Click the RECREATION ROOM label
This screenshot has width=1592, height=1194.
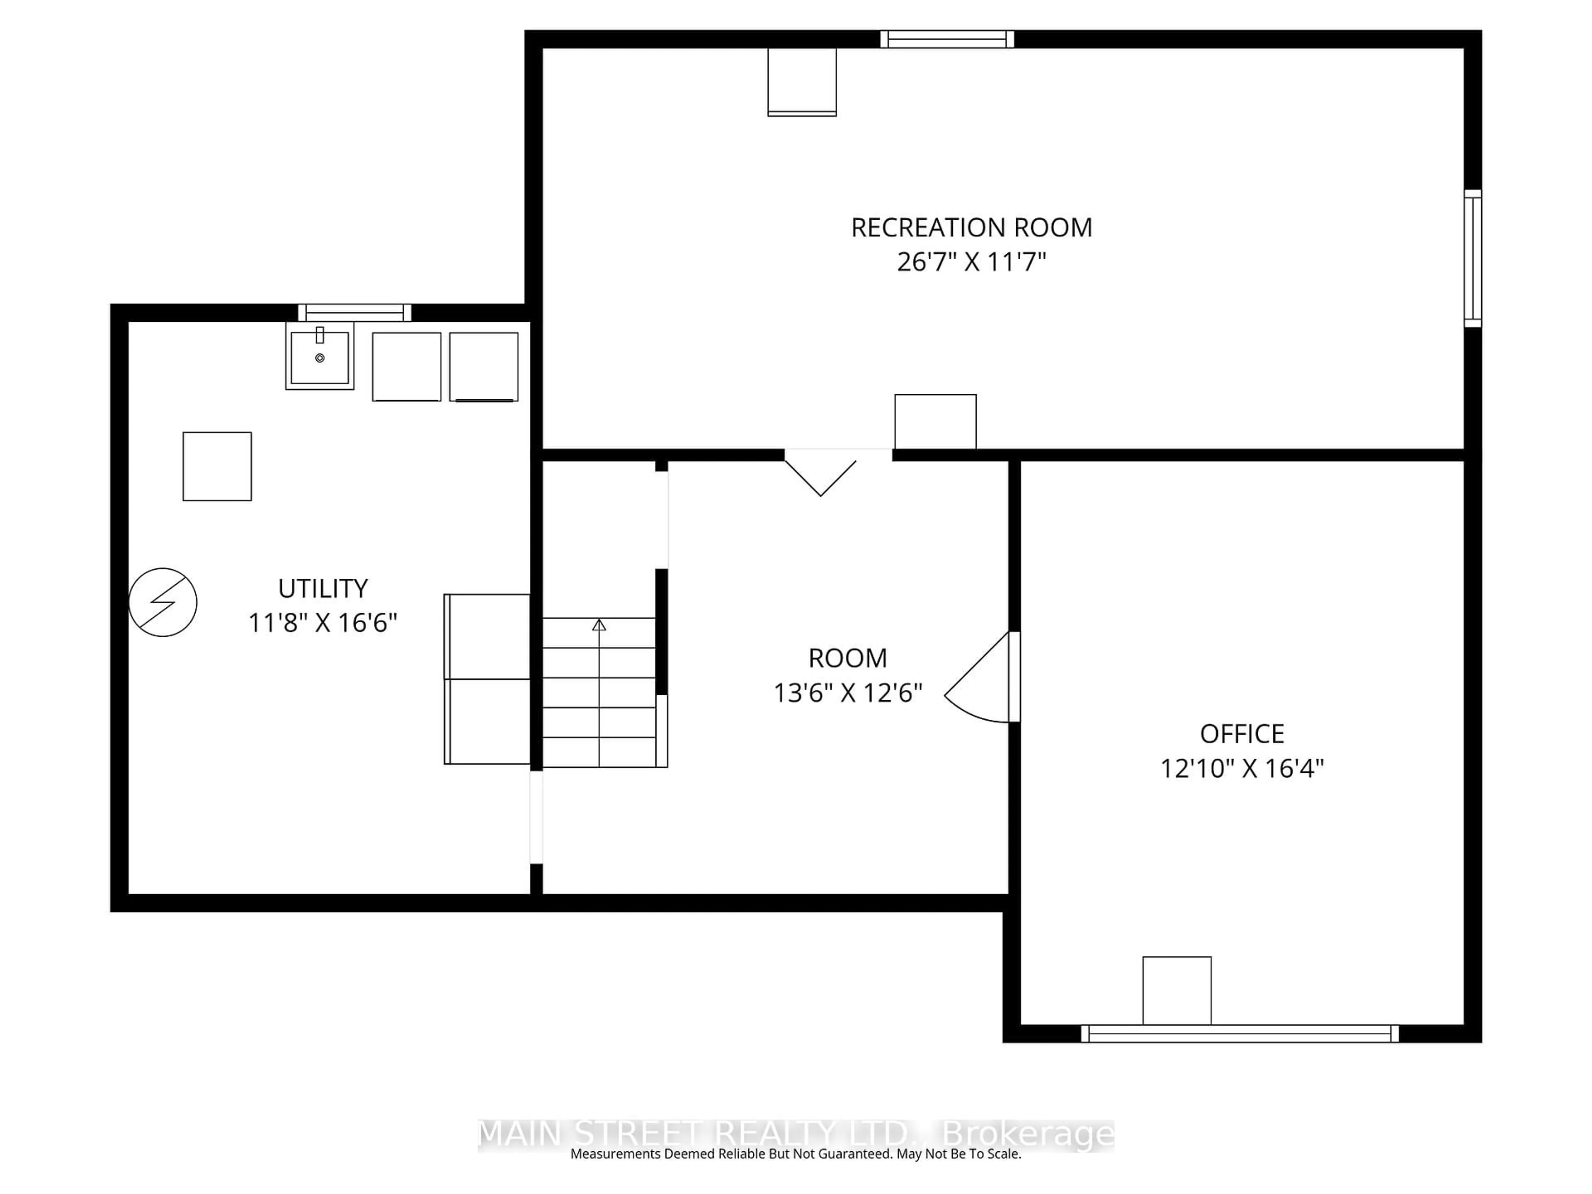pos(972,228)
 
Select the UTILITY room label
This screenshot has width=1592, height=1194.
pos(323,589)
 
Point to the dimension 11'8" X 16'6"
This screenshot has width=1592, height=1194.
pos(323,623)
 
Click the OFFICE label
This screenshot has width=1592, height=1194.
pos(1242,734)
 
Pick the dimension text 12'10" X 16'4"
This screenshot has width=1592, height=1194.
pos(1242,769)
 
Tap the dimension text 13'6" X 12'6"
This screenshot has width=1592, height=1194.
pos(848,693)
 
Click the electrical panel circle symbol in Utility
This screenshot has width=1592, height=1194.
pos(163,602)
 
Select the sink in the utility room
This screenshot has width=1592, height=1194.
pos(320,357)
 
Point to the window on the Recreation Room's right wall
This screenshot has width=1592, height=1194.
pos(1473,258)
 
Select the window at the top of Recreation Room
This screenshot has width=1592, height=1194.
pos(947,39)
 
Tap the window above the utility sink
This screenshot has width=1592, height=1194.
pos(355,312)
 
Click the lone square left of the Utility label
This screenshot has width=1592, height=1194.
pos(217,466)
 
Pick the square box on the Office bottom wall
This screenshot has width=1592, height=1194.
pos(1177,990)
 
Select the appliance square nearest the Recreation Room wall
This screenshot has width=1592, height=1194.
pos(484,366)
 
